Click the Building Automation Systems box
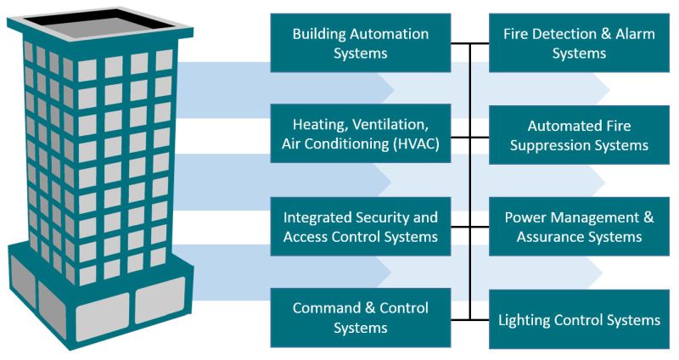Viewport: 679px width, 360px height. click(x=361, y=42)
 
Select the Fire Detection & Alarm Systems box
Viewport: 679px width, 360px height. click(x=579, y=42)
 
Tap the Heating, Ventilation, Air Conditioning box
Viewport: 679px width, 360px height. click(x=361, y=134)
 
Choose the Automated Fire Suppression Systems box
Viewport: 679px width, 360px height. click(x=579, y=135)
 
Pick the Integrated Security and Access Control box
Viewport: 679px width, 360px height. click(x=361, y=226)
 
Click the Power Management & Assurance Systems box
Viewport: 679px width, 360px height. click(x=579, y=226)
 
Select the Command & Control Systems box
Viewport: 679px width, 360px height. click(x=361, y=318)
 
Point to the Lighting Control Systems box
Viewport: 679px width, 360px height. click(x=579, y=319)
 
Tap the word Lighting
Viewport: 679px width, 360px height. click(x=527, y=320)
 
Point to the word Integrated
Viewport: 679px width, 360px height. click(x=319, y=217)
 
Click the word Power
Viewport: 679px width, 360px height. click(x=525, y=217)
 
